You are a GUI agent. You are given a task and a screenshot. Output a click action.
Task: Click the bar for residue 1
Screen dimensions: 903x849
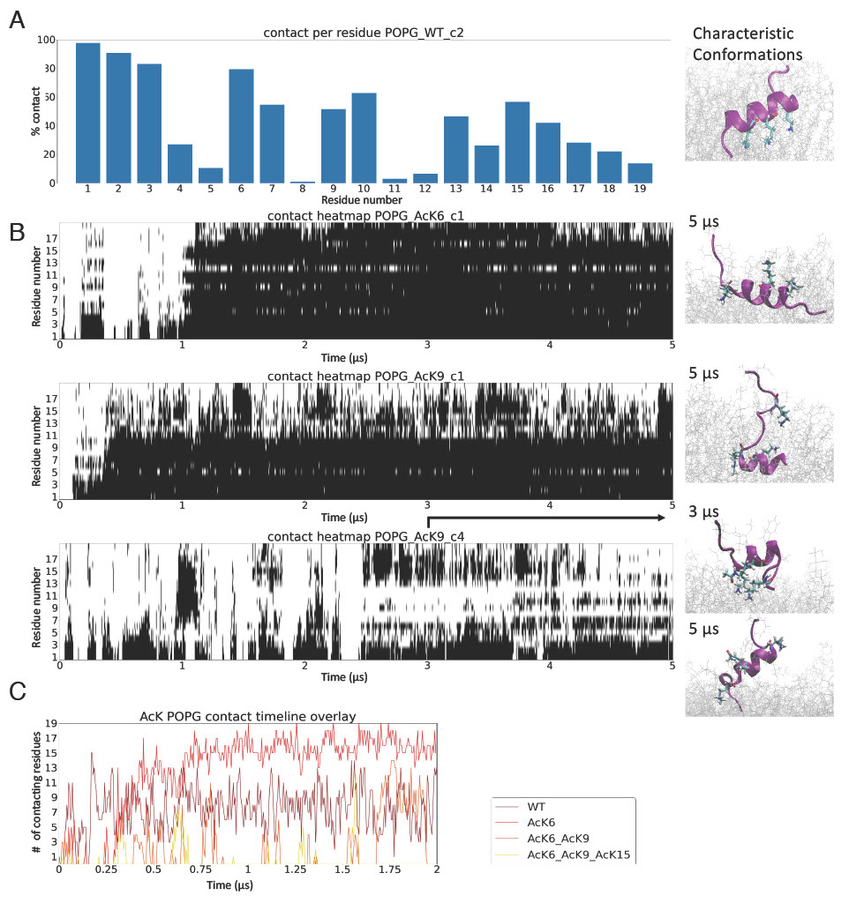[x=88, y=112]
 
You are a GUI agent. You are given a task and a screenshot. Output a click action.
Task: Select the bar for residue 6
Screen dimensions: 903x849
[x=241, y=125]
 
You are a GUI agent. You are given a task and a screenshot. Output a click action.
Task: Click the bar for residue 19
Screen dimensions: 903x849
[x=640, y=172]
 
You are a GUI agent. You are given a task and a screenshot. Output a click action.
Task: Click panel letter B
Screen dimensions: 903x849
[x=17, y=233]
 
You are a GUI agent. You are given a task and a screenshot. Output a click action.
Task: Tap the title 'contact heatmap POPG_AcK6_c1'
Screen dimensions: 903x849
[x=365, y=216]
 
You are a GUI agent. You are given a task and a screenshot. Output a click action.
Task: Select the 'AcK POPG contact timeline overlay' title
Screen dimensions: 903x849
[x=248, y=716]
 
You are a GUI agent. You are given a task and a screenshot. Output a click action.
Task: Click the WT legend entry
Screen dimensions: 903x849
[x=536, y=806]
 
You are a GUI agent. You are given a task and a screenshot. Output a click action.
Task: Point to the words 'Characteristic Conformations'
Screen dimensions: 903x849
[x=747, y=44]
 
